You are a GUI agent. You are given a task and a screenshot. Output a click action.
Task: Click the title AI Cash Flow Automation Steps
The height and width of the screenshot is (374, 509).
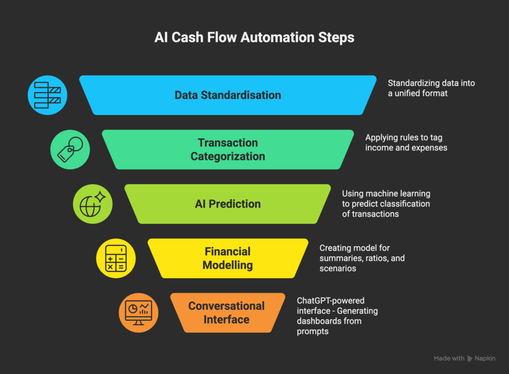(254, 37)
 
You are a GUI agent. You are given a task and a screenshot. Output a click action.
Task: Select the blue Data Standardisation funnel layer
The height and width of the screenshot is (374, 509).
(228, 95)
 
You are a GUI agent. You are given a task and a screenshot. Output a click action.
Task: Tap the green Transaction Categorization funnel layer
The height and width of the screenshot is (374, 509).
(228, 149)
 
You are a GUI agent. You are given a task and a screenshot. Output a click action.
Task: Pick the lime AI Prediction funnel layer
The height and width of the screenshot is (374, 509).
(228, 204)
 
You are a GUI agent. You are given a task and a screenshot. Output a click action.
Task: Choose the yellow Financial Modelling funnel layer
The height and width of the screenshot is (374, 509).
(228, 258)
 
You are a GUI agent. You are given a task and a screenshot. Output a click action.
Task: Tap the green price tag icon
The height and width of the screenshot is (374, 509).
(70, 149)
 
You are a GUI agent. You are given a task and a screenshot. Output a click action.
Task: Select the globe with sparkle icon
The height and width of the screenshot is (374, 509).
(92, 204)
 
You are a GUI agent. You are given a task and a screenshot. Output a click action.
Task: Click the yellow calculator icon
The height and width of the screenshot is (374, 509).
(116, 258)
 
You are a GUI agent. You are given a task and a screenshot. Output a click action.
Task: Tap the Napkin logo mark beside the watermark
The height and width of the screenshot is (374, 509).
(470, 359)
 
